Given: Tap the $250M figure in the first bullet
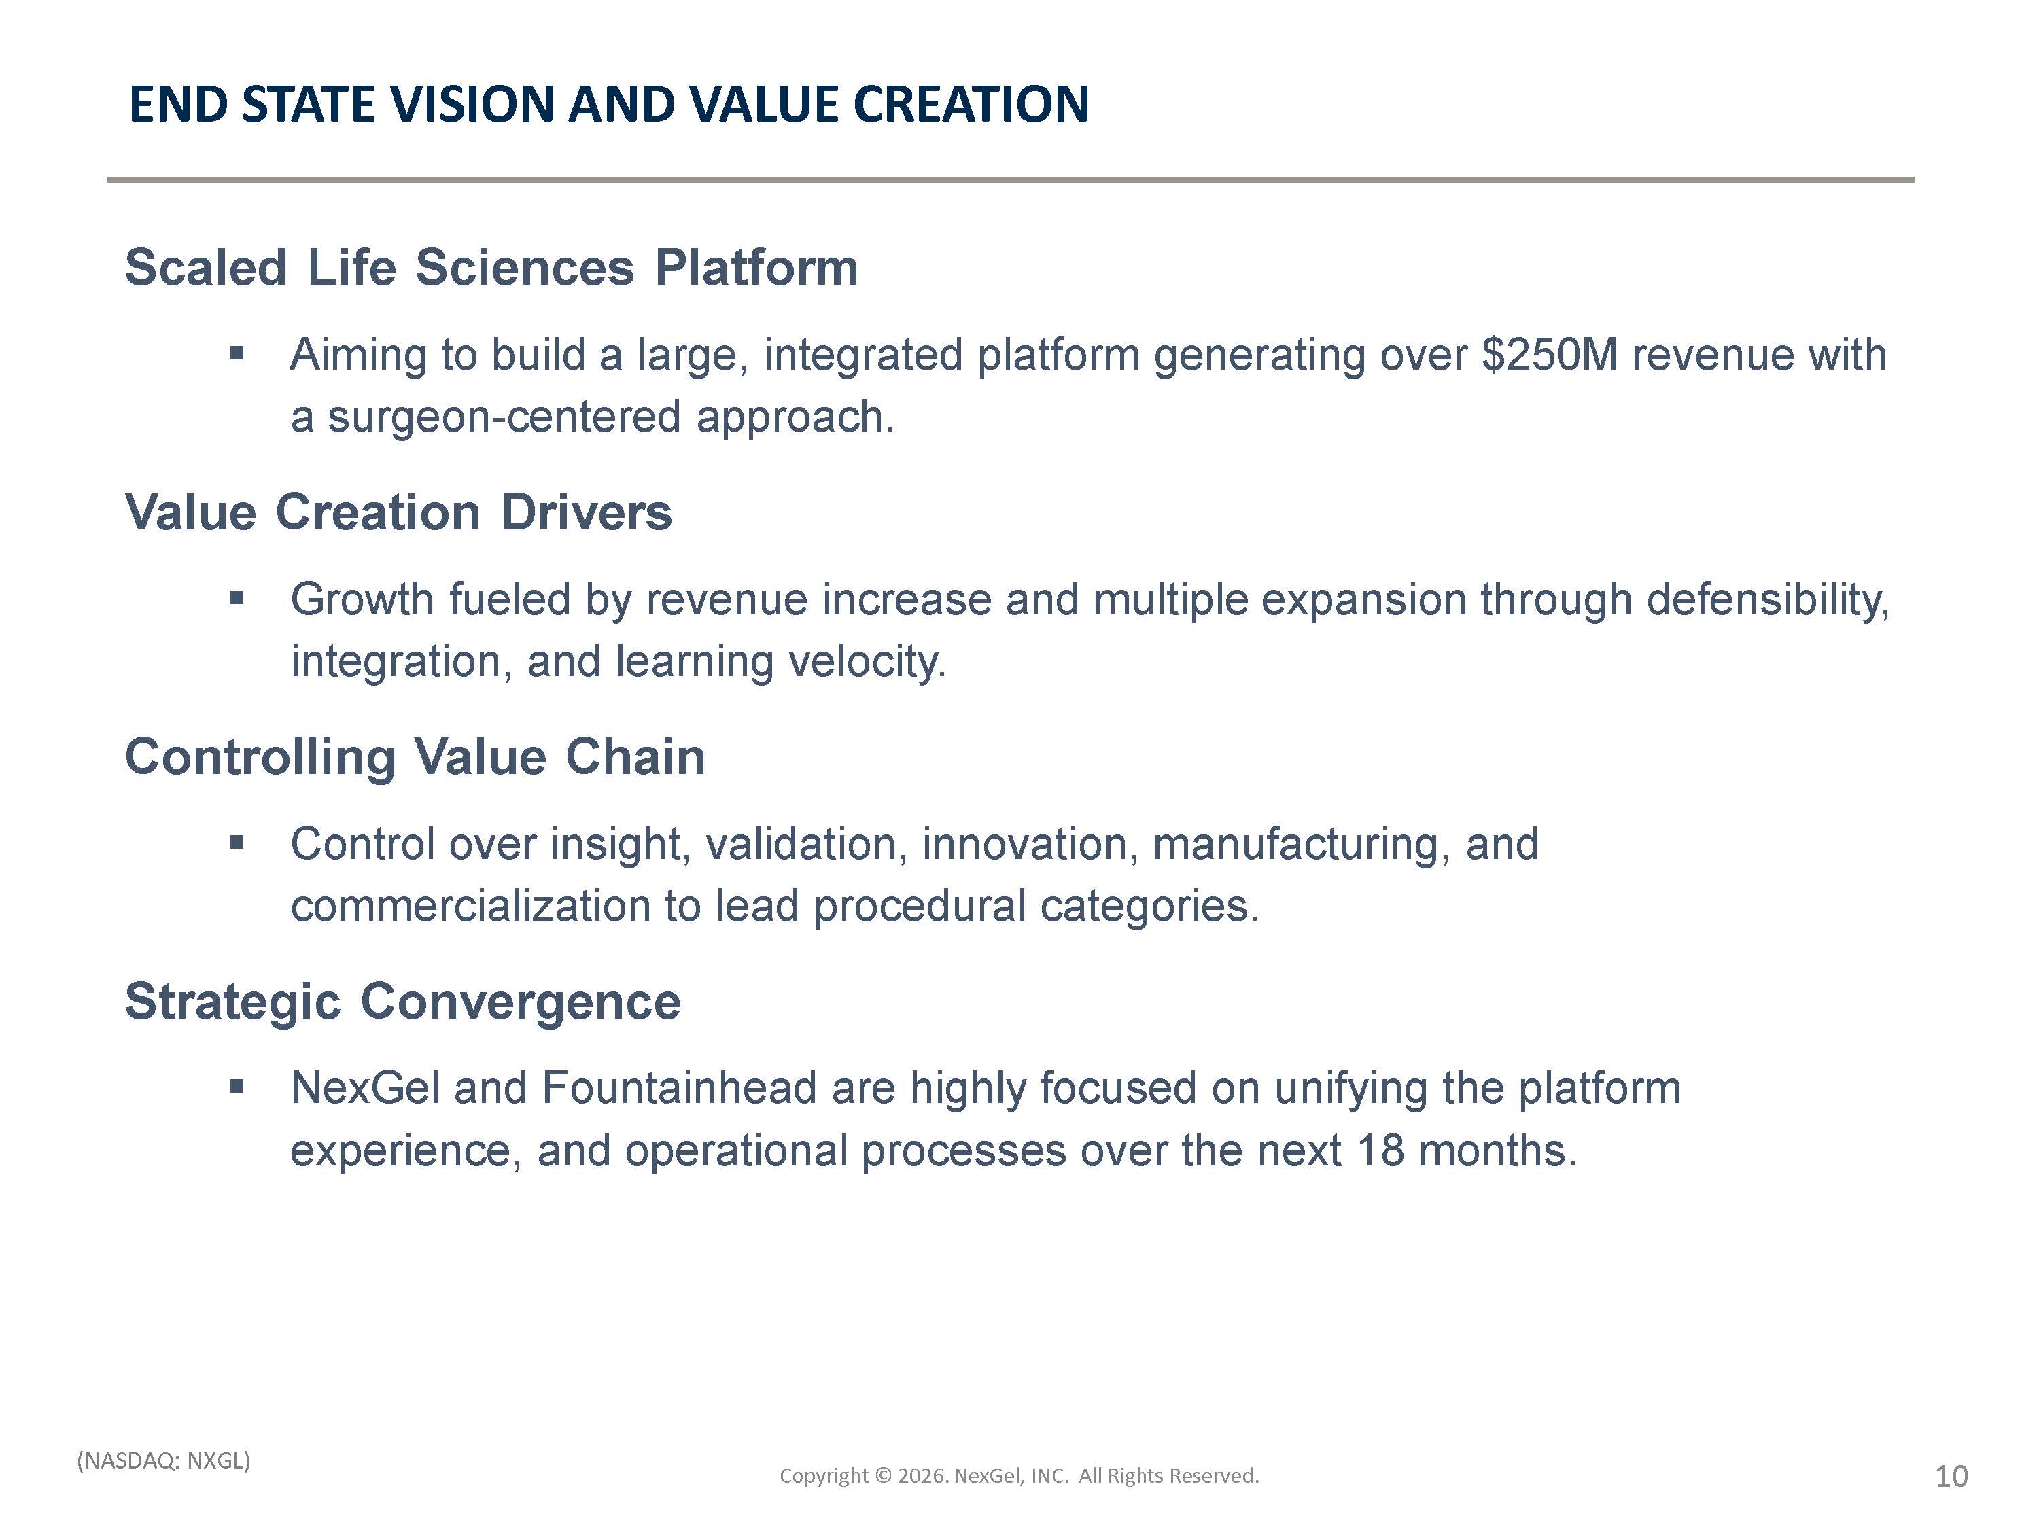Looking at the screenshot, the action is pyautogui.click(x=1550, y=355).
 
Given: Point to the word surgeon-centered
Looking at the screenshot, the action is pyautogui.click(x=504, y=417).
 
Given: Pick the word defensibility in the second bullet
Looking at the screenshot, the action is pyautogui.click(x=1768, y=600).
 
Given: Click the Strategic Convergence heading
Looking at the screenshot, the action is pyautogui.click(x=403, y=1001).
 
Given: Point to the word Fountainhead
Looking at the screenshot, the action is pyautogui.click(x=680, y=1089).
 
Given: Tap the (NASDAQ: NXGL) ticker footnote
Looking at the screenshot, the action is pyautogui.click(x=164, y=1461).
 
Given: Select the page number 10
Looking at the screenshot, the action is pyautogui.click(x=1951, y=1477).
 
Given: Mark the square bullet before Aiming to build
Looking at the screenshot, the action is pyautogui.click(x=237, y=353).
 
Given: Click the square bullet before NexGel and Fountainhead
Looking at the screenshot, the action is pyautogui.click(x=237, y=1087).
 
